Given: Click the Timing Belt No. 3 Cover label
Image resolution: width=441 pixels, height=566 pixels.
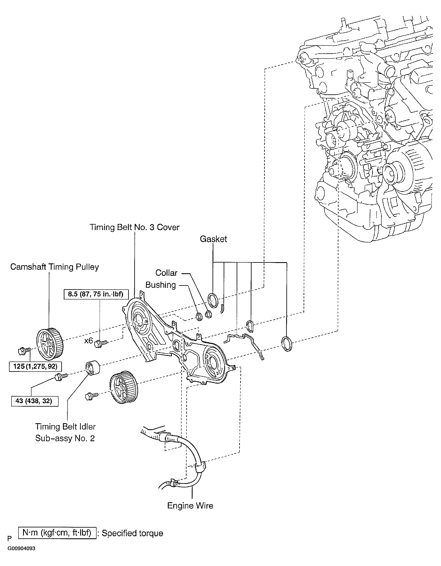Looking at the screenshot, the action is pyautogui.click(x=134, y=227).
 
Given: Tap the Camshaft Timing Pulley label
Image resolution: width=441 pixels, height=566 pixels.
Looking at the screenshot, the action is pyautogui.click(x=55, y=267).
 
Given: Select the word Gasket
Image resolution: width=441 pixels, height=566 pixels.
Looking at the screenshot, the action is pyautogui.click(x=213, y=239).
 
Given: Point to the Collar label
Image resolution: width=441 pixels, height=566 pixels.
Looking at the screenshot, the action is pyautogui.click(x=166, y=273).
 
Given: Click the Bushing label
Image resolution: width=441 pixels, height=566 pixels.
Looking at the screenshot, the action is pyautogui.click(x=160, y=285).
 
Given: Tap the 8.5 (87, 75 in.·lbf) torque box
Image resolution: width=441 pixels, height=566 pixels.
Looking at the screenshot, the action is pyautogui.click(x=95, y=294).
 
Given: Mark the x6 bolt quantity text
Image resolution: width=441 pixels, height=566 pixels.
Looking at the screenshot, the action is pyautogui.click(x=88, y=340).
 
